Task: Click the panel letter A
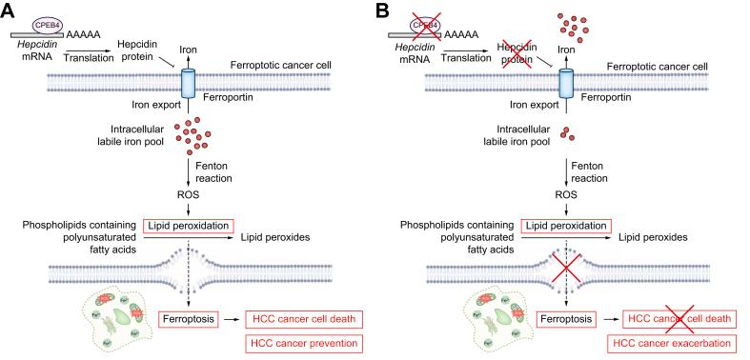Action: point(9,10)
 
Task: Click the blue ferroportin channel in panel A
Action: point(186,83)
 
